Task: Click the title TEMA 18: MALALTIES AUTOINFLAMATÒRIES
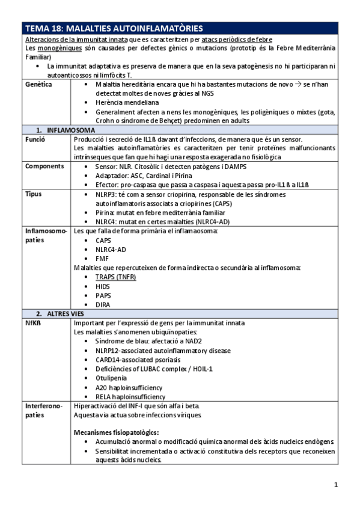[114, 29]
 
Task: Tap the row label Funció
[35, 139]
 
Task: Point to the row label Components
[44, 166]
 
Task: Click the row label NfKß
[33, 322]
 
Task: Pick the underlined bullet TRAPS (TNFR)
[115, 277]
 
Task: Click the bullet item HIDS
[103, 286]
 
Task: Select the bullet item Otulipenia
[112, 378]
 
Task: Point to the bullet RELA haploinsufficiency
[130, 397]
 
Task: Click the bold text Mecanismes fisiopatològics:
[116, 432]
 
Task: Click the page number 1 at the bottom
[336, 485]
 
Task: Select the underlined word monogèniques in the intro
[59, 48]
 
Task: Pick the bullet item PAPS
[103, 295]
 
